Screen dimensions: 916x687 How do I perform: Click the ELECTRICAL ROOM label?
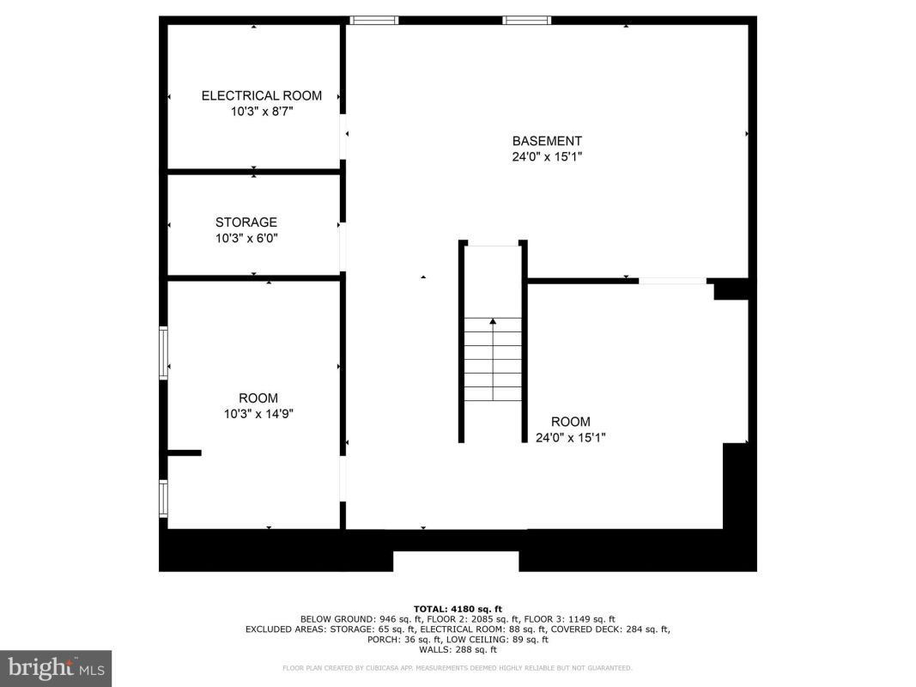coord(261,96)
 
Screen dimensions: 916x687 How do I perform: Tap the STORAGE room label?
coord(246,222)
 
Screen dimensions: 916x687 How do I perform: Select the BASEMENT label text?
coord(547,141)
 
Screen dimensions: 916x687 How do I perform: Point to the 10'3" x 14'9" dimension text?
coord(258,414)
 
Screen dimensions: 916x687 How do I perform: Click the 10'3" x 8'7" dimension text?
coord(261,111)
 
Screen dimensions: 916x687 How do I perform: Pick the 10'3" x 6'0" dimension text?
coord(246,238)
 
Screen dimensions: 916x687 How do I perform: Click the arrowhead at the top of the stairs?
coord(493,321)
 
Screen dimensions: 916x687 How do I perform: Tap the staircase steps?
coord(493,359)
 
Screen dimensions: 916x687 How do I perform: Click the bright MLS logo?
coord(56,668)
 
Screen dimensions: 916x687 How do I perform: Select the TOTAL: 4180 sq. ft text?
coord(458,609)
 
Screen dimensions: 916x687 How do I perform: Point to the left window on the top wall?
coord(374,21)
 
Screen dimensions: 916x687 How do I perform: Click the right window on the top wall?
coord(527,21)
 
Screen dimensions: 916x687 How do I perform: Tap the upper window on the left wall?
coord(164,353)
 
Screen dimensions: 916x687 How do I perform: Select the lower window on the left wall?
coord(164,498)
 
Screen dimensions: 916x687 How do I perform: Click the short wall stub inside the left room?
coord(185,453)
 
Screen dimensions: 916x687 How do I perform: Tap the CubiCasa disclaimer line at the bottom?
coord(458,668)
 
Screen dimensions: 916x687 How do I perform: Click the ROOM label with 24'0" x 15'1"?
coord(571,422)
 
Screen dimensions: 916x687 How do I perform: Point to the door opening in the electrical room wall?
coord(343,137)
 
